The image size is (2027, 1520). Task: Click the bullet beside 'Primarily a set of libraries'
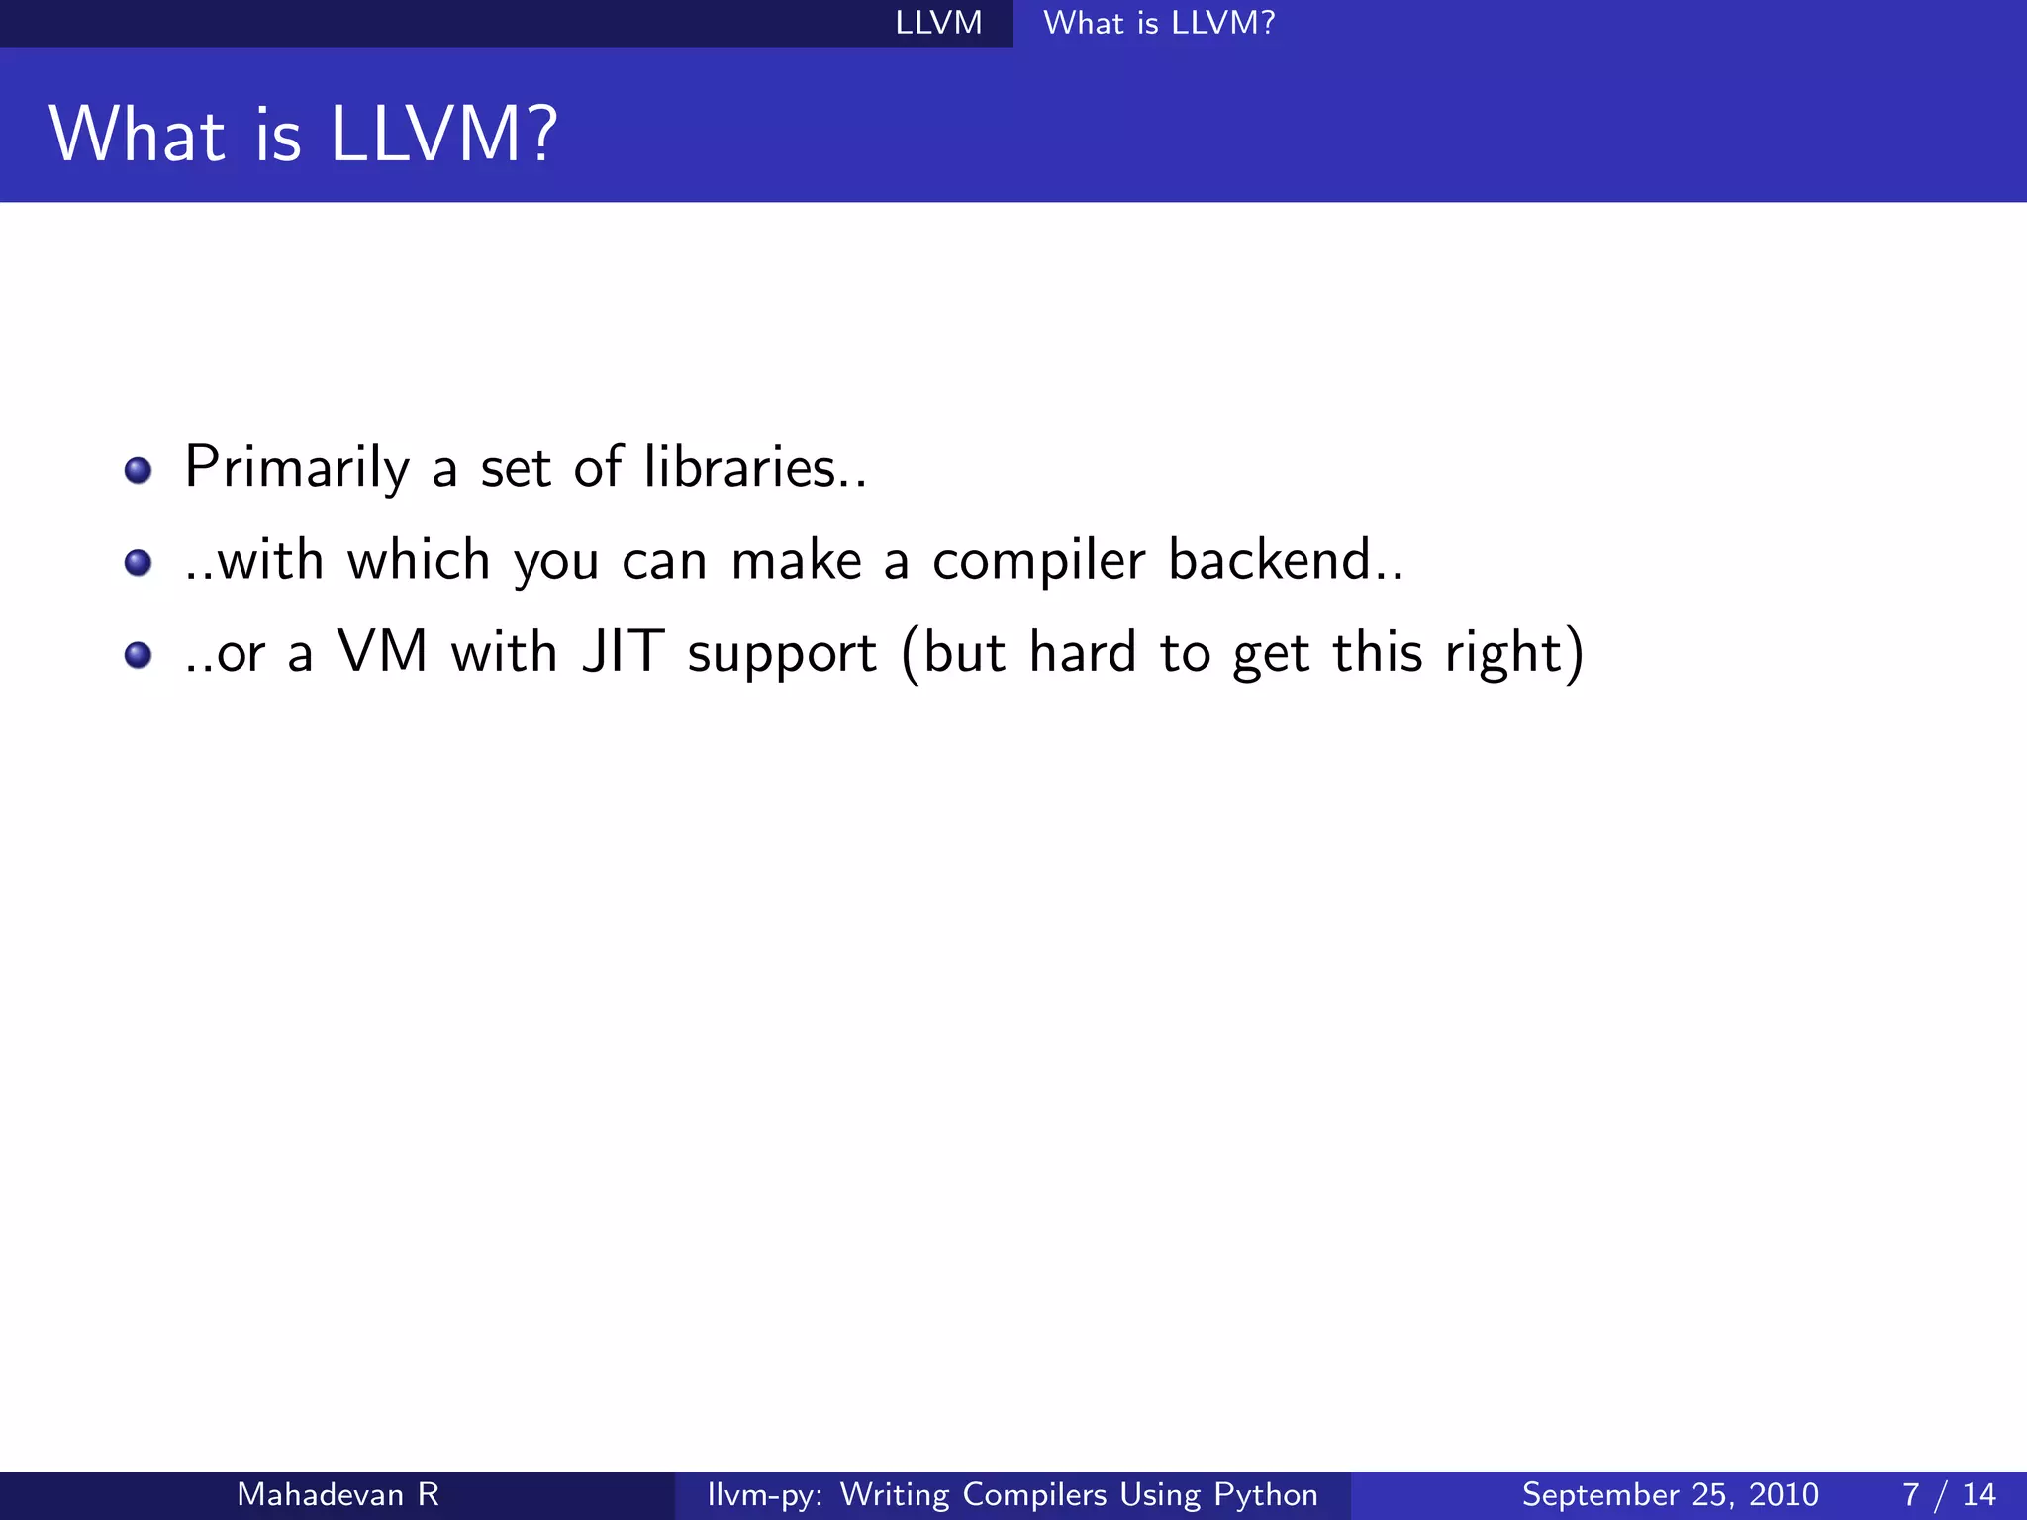pos(138,470)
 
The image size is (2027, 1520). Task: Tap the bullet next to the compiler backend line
pos(138,563)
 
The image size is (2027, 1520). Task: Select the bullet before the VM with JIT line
pos(138,655)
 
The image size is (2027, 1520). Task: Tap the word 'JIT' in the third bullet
pos(623,652)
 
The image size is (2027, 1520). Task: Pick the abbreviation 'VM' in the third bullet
pos(382,652)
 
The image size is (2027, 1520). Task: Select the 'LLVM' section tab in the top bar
pos(938,23)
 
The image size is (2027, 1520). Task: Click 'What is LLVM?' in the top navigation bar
pos(1159,23)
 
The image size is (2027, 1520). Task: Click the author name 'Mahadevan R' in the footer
pos(338,1494)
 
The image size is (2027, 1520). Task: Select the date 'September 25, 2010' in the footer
pos(1670,1494)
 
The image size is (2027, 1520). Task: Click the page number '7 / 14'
pos(1949,1494)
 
